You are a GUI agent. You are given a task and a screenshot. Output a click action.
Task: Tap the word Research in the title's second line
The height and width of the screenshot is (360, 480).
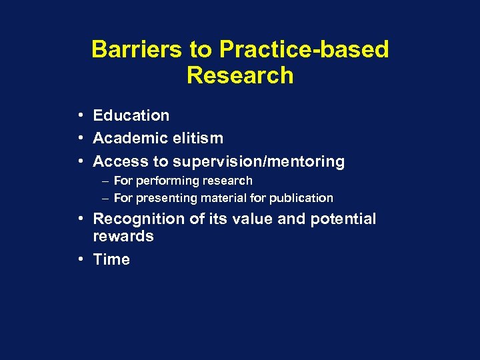tap(240, 76)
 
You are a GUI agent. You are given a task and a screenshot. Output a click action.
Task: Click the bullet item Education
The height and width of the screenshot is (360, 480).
tap(131, 115)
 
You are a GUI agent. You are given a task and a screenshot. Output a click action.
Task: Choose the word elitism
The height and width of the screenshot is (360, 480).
tap(199, 139)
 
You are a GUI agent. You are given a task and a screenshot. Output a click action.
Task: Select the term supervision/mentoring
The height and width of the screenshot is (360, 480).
tap(259, 161)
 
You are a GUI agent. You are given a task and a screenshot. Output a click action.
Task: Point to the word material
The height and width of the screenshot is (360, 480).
tap(225, 198)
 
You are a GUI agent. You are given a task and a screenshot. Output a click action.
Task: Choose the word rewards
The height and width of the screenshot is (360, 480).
tap(123, 237)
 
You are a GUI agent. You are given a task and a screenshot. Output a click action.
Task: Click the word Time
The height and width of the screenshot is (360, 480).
tap(111, 259)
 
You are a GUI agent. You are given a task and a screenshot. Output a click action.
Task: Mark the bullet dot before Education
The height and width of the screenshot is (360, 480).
tap(79, 115)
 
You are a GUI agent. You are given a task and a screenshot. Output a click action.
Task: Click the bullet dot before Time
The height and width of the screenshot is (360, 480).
tap(79, 259)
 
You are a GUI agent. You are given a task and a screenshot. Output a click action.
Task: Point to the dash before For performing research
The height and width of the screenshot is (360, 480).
tap(106, 181)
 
